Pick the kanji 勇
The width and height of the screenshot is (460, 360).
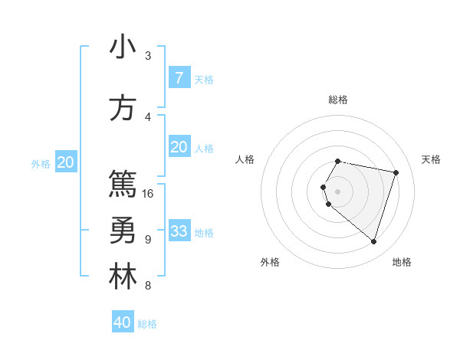[x=123, y=231]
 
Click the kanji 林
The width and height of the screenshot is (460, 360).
[x=123, y=277]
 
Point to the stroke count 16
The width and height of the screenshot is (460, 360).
[x=149, y=193]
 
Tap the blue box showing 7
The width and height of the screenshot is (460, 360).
[x=179, y=77]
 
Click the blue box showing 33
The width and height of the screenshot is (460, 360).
[x=179, y=231]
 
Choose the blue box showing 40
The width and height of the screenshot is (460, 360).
[x=123, y=322]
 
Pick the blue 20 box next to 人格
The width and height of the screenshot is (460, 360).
[x=179, y=147]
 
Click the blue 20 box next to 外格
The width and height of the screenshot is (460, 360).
[x=66, y=162]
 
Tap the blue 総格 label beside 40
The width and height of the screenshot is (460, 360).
[x=147, y=324]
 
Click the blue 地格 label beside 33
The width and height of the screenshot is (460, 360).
[x=204, y=232]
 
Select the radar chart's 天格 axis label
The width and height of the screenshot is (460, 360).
[x=431, y=159]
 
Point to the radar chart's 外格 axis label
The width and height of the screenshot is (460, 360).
[x=270, y=262]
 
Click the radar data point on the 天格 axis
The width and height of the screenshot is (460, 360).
[x=396, y=172]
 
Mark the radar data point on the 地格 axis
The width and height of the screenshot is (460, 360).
[x=373, y=242]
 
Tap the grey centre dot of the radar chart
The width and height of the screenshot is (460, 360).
[x=337, y=191]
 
